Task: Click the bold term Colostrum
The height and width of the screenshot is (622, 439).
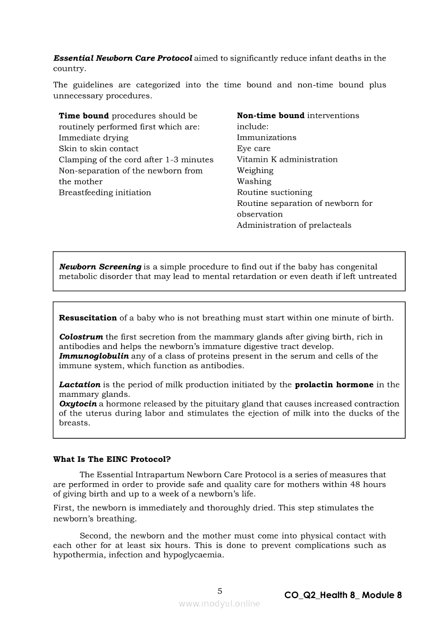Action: click(x=81, y=337)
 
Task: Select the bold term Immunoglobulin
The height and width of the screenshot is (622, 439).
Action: click(x=94, y=356)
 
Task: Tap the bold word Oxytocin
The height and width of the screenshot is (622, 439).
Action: click(x=78, y=404)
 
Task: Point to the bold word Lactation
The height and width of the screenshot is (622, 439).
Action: click(x=80, y=385)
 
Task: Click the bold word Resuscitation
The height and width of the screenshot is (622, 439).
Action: click(x=88, y=318)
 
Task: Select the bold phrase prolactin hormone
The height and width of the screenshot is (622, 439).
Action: click(x=334, y=385)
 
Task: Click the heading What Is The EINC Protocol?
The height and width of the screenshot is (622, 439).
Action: click(x=112, y=459)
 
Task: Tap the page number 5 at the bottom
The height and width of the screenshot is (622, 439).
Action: click(x=220, y=591)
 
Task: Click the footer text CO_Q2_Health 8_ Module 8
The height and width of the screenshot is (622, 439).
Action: click(x=343, y=595)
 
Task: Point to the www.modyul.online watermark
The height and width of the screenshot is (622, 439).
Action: click(x=219, y=603)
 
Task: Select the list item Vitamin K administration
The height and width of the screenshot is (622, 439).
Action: click(x=287, y=160)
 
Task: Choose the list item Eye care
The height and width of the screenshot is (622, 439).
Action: click(x=254, y=148)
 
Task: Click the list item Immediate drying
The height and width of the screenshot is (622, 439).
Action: click(x=94, y=138)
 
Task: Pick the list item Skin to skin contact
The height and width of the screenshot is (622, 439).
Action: click(x=98, y=149)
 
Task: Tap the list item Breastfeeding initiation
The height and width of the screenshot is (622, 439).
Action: click(x=105, y=193)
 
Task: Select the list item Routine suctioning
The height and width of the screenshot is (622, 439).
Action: click(x=274, y=193)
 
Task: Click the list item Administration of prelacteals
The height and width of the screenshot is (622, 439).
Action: click(x=294, y=225)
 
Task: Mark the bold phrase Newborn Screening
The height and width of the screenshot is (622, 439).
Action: click(x=100, y=267)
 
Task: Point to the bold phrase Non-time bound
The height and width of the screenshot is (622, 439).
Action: click(x=271, y=115)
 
